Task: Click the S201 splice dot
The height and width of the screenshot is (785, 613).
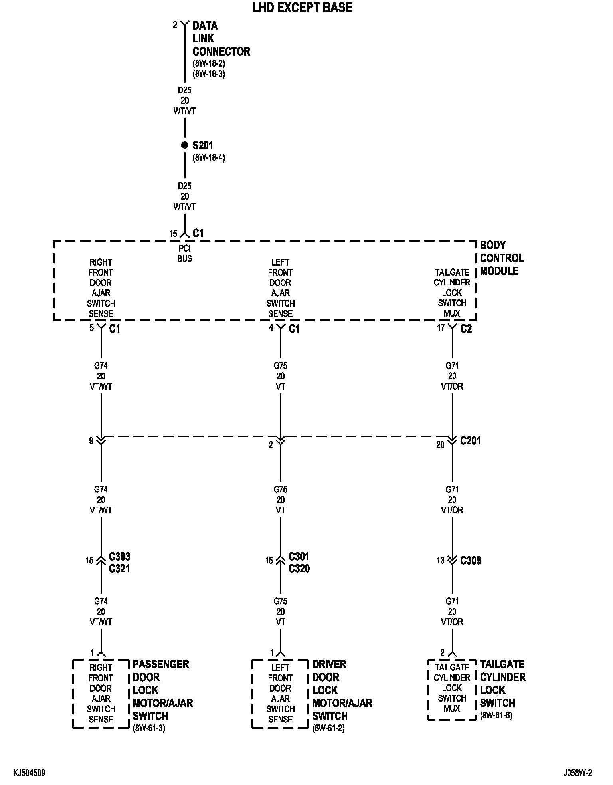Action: click(184, 145)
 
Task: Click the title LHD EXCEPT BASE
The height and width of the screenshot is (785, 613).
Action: click(303, 8)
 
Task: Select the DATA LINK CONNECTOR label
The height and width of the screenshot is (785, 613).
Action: click(221, 39)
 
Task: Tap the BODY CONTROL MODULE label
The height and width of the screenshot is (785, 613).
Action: click(502, 258)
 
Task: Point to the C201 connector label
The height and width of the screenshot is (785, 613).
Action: click(471, 440)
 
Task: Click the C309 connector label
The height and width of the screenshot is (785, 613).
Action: click(471, 560)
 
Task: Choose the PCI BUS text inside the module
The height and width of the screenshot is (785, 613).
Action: click(185, 254)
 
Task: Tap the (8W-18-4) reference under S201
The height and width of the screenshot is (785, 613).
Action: click(209, 158)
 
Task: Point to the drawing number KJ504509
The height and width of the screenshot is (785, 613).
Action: click(29, 773)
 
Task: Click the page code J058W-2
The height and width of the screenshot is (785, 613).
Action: click(577, 773)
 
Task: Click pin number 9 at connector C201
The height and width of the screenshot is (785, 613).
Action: click(91, 440)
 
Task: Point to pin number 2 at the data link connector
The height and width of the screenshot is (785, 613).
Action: click(175, 25)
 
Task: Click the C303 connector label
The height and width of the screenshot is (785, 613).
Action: click(119, 556)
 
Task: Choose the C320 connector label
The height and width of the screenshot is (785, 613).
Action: click(299, 568)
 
